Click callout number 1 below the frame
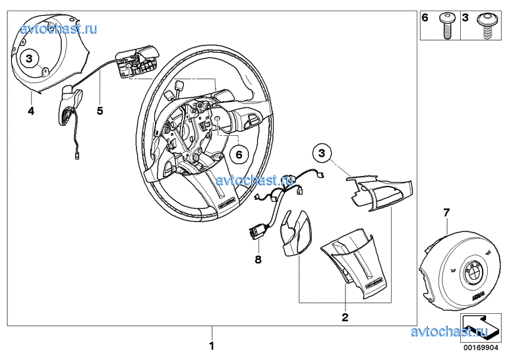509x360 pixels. tap(212, 345)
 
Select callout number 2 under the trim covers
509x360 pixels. tap(344, 317)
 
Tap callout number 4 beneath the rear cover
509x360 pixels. tap(30, 111)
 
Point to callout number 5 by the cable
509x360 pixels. tap(100, 111)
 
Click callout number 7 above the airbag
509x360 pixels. tap(446, 212)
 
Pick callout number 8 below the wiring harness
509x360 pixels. tap(258, 259)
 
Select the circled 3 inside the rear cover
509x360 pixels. tap(30, 59)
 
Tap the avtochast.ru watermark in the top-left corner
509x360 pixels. tap(60, 28)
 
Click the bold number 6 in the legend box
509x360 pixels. tap(425, 18)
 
